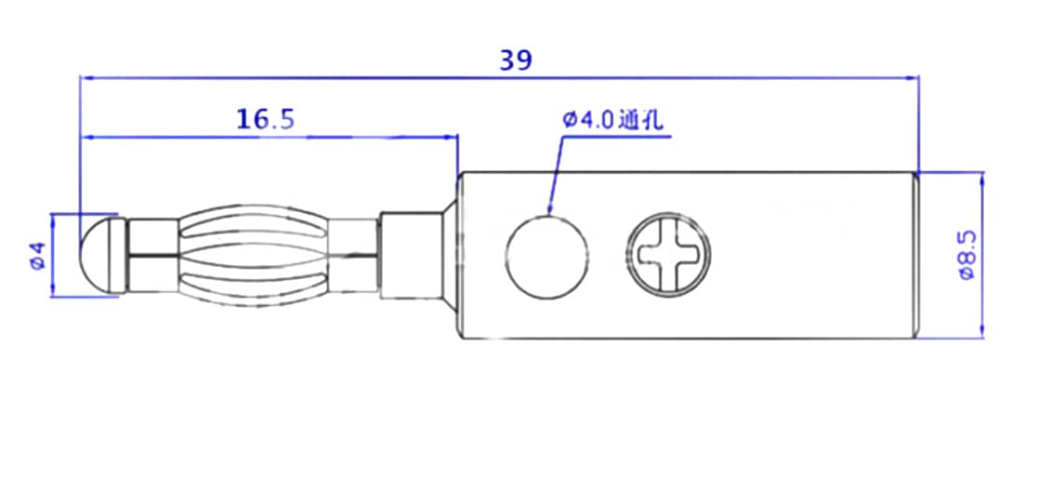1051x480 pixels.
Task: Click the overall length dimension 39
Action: [516, 60]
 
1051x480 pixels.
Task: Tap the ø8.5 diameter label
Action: [966, 255]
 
